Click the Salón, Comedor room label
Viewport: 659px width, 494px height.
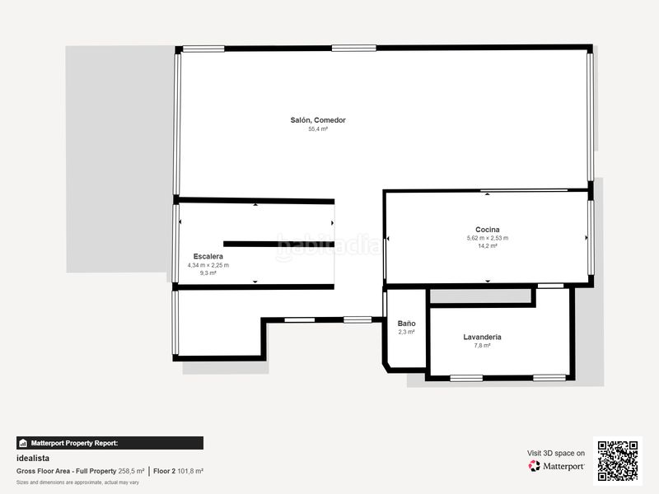(x=318, y=120)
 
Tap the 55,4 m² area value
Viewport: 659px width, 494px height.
(x=318, y=129)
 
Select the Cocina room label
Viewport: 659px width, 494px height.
(x=488, y=230)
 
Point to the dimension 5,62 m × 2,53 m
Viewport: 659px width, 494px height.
(x=488, y=238)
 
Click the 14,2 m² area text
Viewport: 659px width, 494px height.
(x=488, y=246)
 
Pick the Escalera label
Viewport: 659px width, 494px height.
(x=208, y=256)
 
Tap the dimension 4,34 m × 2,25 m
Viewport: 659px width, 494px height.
(x=208, y=265)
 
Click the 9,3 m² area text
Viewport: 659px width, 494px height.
(x=208, y=273)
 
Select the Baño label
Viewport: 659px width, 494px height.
(x=406, y=324)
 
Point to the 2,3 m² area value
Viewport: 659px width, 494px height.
(x=406, y=332)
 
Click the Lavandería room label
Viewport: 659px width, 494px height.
(x=483, y=338)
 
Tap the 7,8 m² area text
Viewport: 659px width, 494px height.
(x=483, y=346)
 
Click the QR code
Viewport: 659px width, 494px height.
(x=618, y=460)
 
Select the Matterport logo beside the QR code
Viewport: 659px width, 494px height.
(x=557, y=466)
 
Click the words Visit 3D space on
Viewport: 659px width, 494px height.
(x=556, y=453)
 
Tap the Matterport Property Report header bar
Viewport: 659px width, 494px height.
(x=110, y=443)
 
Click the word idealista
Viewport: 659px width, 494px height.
(x=33, y=458)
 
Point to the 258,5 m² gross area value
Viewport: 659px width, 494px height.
(x=131, y=471)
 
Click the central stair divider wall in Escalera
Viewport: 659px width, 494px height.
(x=278, y=244)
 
